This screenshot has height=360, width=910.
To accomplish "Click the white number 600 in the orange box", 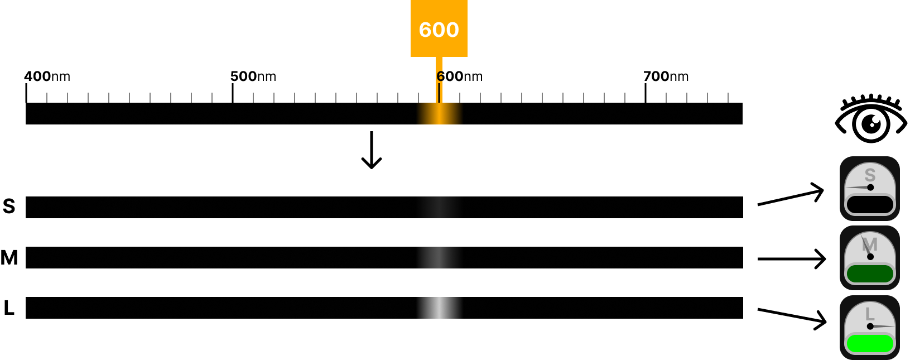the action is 439,30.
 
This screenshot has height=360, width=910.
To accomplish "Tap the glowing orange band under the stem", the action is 440,113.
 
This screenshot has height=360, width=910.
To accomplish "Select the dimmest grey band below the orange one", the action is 440,207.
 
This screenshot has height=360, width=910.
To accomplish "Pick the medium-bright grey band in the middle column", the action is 440,257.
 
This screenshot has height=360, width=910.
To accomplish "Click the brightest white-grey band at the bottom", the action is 440,308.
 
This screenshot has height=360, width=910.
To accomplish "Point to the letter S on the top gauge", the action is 870,175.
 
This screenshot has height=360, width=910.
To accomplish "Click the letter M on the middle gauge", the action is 870,244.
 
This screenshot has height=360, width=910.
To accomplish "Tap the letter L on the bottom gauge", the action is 870,314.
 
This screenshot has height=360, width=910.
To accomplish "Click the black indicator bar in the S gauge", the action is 870,204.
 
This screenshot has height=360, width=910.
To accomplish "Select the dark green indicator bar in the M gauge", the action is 870,273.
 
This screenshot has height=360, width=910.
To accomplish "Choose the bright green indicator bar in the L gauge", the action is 870,343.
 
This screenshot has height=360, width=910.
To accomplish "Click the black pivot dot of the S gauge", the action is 870,188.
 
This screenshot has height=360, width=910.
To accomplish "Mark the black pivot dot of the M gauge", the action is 870,257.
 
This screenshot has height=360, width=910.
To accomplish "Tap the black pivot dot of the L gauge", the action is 870,326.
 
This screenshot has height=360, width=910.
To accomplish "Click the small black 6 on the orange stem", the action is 440,76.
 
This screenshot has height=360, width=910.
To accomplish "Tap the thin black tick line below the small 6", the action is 440,93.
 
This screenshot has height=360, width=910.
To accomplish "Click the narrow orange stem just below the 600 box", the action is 439,63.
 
